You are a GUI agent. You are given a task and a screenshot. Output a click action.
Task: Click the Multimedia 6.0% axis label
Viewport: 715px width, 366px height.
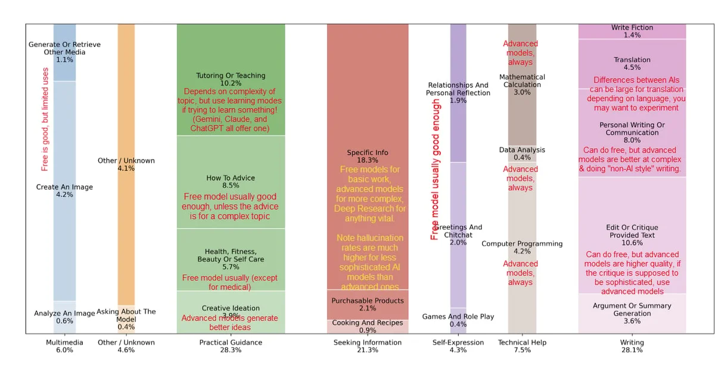tap(64, 346)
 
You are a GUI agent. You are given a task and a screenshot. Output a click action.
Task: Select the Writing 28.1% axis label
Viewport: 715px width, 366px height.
tap(632, 346)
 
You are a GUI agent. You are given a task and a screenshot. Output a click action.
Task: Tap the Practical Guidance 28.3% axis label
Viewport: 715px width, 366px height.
tap(231, 346)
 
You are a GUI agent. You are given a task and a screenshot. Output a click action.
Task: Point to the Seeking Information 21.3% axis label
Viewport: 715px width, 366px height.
tap(368, 346)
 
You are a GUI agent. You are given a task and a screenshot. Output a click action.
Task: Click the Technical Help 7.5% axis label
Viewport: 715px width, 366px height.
tap(522, 346)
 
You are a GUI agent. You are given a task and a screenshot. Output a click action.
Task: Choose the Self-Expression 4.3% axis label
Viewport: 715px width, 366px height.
tap(458, 346)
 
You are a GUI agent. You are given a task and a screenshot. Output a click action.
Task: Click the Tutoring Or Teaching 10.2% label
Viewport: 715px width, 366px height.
tap(231, 80)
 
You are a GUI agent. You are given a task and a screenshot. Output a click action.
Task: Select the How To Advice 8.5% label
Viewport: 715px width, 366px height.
tap(231, 182)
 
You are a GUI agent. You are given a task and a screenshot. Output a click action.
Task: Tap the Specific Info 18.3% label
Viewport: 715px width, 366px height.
tap(368, 157)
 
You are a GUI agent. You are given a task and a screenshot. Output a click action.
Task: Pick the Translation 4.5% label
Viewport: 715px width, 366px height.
tap(632, 64)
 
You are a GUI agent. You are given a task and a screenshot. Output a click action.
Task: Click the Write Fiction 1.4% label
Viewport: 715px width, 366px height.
tap(632, 32)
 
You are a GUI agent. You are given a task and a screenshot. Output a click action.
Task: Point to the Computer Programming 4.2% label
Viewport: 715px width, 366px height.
tap(522, 248)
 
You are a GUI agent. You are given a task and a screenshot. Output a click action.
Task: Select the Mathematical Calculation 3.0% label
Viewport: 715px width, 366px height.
tap(522, 85)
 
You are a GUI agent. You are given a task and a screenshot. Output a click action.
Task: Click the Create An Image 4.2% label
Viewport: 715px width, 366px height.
tap(64, 190)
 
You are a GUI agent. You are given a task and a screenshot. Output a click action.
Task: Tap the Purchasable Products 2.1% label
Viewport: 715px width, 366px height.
tap(368, 305)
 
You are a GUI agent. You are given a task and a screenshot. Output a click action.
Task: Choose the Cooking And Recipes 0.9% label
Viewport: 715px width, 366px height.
tap(368, 326)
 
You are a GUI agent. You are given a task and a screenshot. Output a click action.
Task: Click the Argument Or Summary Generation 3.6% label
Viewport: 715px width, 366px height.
tap(632, 313)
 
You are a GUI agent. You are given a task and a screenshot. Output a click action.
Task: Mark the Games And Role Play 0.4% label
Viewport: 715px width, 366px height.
tap(458, 320)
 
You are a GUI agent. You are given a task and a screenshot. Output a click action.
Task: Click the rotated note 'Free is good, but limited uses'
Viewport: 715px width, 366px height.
tap(45, 119)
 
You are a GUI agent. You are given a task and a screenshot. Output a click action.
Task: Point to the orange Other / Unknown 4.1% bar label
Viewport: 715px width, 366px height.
tap(126, 164)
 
